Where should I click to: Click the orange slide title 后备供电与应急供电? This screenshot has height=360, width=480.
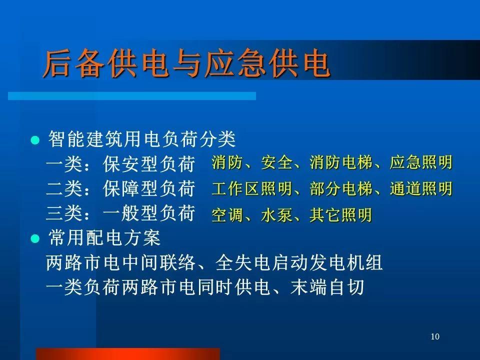coord(186,63)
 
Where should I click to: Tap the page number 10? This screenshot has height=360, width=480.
coord(435,336)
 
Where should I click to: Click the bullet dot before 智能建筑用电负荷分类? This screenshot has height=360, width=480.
coord(35,140)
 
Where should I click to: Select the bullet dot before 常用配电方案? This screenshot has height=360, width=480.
coord(35,238)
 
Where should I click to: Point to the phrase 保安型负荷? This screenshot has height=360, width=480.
coord(149,164)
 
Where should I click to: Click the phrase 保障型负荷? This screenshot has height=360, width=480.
coord(149,188)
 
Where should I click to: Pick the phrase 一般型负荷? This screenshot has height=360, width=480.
coord(149,213)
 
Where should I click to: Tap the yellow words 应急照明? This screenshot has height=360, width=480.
coord(421,162)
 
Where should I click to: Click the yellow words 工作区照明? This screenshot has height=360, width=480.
coord(251,188)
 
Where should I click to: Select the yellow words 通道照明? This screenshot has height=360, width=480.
coord(421,188)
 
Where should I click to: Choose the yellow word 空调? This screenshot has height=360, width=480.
coord(227,215)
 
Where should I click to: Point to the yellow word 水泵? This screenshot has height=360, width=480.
coord(276,215)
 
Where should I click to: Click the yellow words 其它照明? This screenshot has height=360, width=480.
coord(340,215)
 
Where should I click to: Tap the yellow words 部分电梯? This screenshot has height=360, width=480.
coord(340,188)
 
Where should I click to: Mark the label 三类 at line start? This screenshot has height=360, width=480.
coord(64,213)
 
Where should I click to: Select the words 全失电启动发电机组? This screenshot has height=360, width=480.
coord(299,262)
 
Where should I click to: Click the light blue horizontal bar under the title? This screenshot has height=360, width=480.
coord(132,96)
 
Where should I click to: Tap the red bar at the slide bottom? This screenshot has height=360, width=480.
coord(128,354)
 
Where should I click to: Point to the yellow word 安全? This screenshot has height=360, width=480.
coord(276,162)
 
